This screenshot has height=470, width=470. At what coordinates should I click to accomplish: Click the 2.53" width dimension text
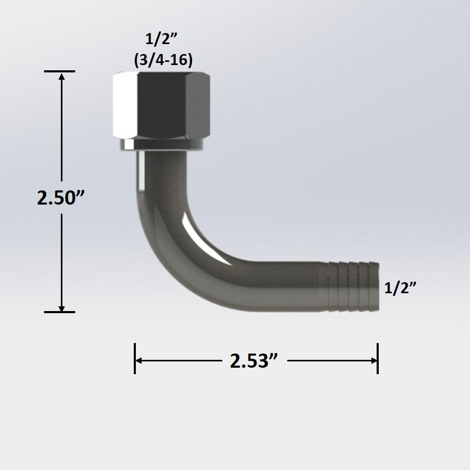point(253,361)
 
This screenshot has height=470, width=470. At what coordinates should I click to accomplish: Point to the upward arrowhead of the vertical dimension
point(62,77)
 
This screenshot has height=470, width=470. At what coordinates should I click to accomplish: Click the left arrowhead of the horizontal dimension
point(139,360)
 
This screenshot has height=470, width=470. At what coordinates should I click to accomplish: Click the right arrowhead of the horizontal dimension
point(373,360)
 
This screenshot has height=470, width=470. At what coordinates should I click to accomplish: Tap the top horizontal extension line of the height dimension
point(59,71)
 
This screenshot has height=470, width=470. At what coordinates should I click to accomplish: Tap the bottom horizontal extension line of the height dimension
point(59,312)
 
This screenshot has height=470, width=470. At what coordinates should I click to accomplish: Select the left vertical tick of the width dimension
point(135,358)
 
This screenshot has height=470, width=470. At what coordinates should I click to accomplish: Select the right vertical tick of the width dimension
point(378,358)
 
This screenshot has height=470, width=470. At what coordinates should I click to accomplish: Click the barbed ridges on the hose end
point(346,286)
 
